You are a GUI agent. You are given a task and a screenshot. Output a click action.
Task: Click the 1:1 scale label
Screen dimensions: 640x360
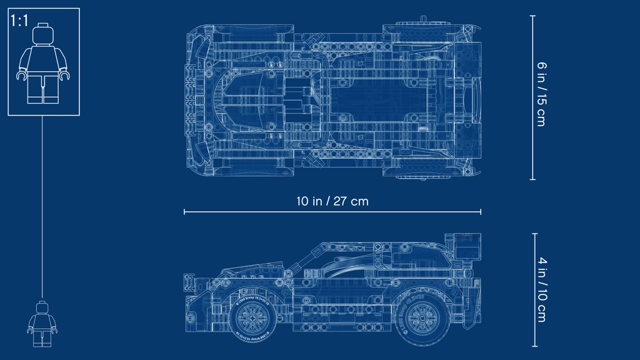pos(19,21)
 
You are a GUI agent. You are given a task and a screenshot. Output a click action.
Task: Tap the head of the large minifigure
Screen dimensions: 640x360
pos(43,35)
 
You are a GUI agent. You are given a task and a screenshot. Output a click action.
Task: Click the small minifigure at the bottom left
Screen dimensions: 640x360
pos(42,324)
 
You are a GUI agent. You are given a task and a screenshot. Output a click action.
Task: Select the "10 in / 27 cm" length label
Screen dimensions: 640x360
pos(332,201)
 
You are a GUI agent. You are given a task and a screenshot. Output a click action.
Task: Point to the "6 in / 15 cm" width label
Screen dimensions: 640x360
pos(541,94)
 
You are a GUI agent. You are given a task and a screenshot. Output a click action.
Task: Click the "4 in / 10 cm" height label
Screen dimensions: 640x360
pos(542,289)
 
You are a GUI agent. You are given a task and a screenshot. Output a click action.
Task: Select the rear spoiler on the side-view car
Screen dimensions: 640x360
pos(464,247)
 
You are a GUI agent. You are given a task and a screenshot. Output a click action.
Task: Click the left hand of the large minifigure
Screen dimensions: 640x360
pos(21,76)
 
